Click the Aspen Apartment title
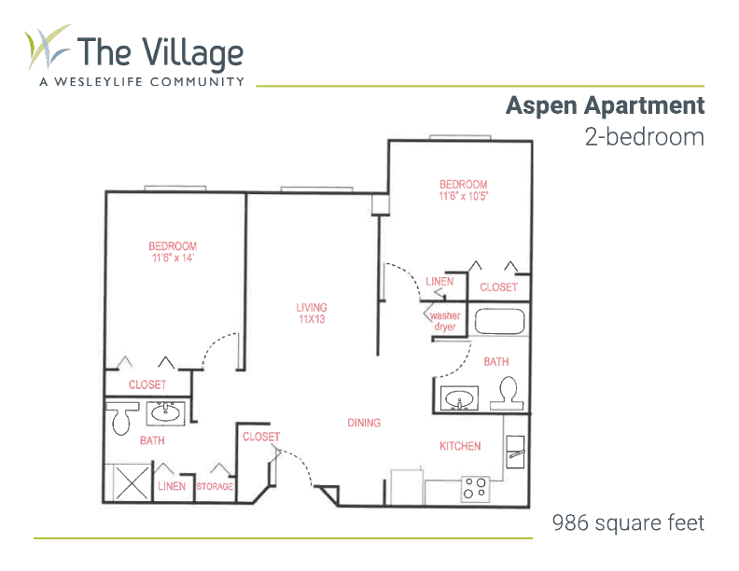(606, 105)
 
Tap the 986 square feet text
(628, 522)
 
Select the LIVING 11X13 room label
(312, 313)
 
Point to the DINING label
(364, 423)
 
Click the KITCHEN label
(460, 446)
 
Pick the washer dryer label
(445, 321)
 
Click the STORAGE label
(215, 486)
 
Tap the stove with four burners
(475, 489)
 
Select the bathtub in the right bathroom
(499, 321)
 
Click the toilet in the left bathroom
(121, 417)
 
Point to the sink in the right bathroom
(459, 399)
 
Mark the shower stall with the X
(132, 482)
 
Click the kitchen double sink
(515, 452)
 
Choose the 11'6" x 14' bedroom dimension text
(173, 258)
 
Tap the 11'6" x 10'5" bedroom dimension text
(464, 196)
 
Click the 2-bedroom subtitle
(644, 137)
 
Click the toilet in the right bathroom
(507, 394)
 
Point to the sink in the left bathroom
(165, 413)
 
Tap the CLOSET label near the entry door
(261, 437)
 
